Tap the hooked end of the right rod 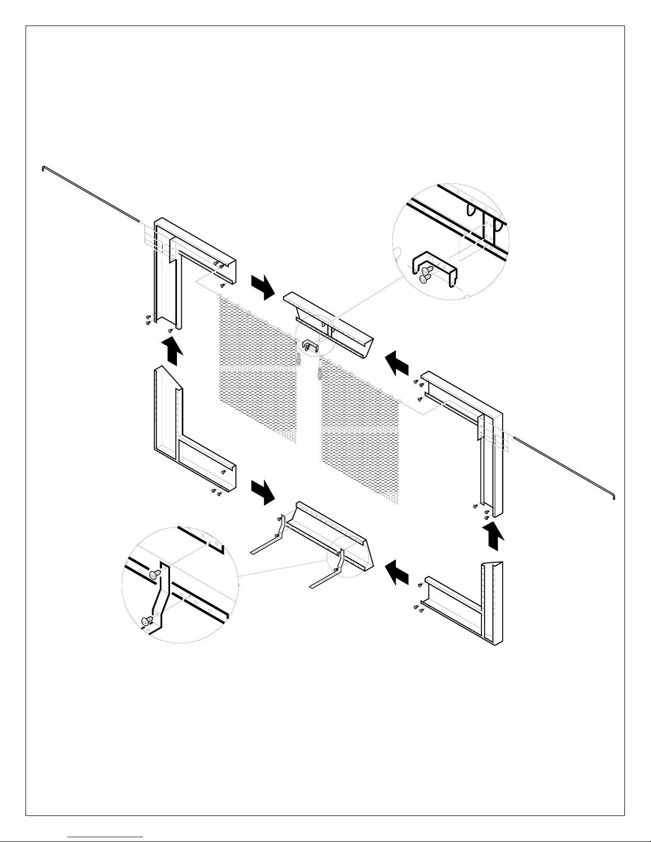[x=614, y=497]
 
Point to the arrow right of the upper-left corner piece [x=263, y=286]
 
